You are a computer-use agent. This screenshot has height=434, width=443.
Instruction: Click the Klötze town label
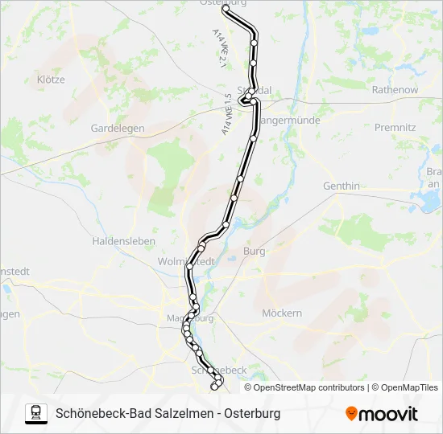(x=50, y=80)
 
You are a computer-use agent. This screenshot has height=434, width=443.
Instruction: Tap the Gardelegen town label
(x=118, y=128)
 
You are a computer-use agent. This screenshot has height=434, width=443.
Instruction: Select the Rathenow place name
(x=395, y=90)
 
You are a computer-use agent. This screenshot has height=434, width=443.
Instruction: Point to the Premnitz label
(x=395, y=127)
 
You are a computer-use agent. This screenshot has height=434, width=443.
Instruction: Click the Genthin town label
(x=342, y=186)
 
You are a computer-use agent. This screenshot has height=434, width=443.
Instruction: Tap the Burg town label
(x=255, y=252)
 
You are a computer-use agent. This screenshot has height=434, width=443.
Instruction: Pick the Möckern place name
(x=283, y=313)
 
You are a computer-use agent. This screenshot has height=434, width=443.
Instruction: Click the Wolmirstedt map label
(x=187, y=262)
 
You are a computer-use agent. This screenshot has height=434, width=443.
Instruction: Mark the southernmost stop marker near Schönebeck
(x=214, y=387)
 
